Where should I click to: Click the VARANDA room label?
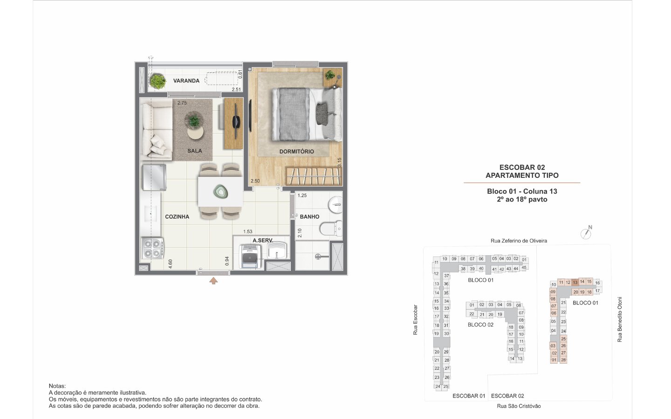coord(186,81)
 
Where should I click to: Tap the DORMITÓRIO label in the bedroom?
coord(296,151)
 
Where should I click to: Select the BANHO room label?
coord(309,216)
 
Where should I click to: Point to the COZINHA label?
coord(177,216)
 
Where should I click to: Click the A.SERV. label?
coord(263,240)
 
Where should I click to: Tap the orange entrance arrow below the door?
coord(213,281)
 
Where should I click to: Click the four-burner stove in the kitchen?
coord(152,248)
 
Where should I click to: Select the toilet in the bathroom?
coord(331,229)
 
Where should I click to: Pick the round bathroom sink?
coord(335,205)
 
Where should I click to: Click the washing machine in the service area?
coord(250,257)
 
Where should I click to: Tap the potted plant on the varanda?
coord(157,81)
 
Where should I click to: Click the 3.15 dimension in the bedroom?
coord(339,162)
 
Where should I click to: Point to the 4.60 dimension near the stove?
coord(170,264)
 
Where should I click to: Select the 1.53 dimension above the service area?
coord(248,231)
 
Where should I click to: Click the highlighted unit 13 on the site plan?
coord(575,283)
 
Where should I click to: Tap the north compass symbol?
coord(586,233)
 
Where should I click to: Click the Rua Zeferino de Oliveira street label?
coord(519,241)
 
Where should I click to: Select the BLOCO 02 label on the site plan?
coord(480,325)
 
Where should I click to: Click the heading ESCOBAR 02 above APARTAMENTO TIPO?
coord(522,167)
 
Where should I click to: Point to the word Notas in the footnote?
coord(57,386)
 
